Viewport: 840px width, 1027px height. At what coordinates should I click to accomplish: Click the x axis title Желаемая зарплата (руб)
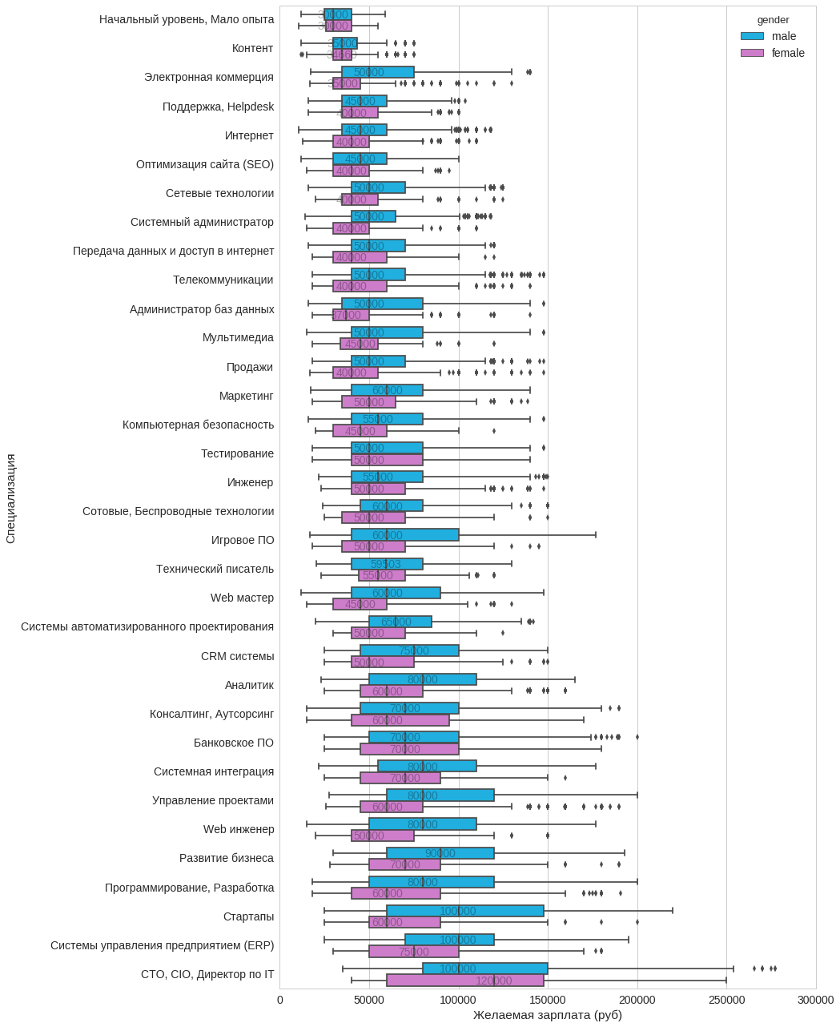tap(547, 1015)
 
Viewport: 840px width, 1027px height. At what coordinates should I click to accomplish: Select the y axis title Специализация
tap(10, 498)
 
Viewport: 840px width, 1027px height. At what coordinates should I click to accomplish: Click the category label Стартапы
tap(248, 916)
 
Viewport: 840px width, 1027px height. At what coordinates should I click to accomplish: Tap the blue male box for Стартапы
tap(464, 911)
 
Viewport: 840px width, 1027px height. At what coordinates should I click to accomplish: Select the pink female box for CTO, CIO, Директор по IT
tap(464, 981)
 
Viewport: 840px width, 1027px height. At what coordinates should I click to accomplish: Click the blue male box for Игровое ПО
tap(404, 535)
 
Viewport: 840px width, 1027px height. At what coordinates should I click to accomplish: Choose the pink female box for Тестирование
tap(387, 460)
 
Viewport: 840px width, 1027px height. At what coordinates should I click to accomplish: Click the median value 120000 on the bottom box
tap(493, 981)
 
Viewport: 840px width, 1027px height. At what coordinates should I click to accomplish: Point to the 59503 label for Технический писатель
tap(385, 564)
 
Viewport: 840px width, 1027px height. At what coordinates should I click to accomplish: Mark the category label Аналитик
tap(249, 685)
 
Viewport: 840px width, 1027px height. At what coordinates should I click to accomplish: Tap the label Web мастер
tap(242, 598)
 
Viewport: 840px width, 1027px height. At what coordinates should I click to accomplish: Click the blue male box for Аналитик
tap(422, 679)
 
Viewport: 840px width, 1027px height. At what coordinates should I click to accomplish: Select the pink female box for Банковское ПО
tap(409, 749)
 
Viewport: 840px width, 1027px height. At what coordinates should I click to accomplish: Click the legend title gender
tap(773, 20)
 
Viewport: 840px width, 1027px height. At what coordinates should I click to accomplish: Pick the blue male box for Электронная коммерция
tap(377, 72)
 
